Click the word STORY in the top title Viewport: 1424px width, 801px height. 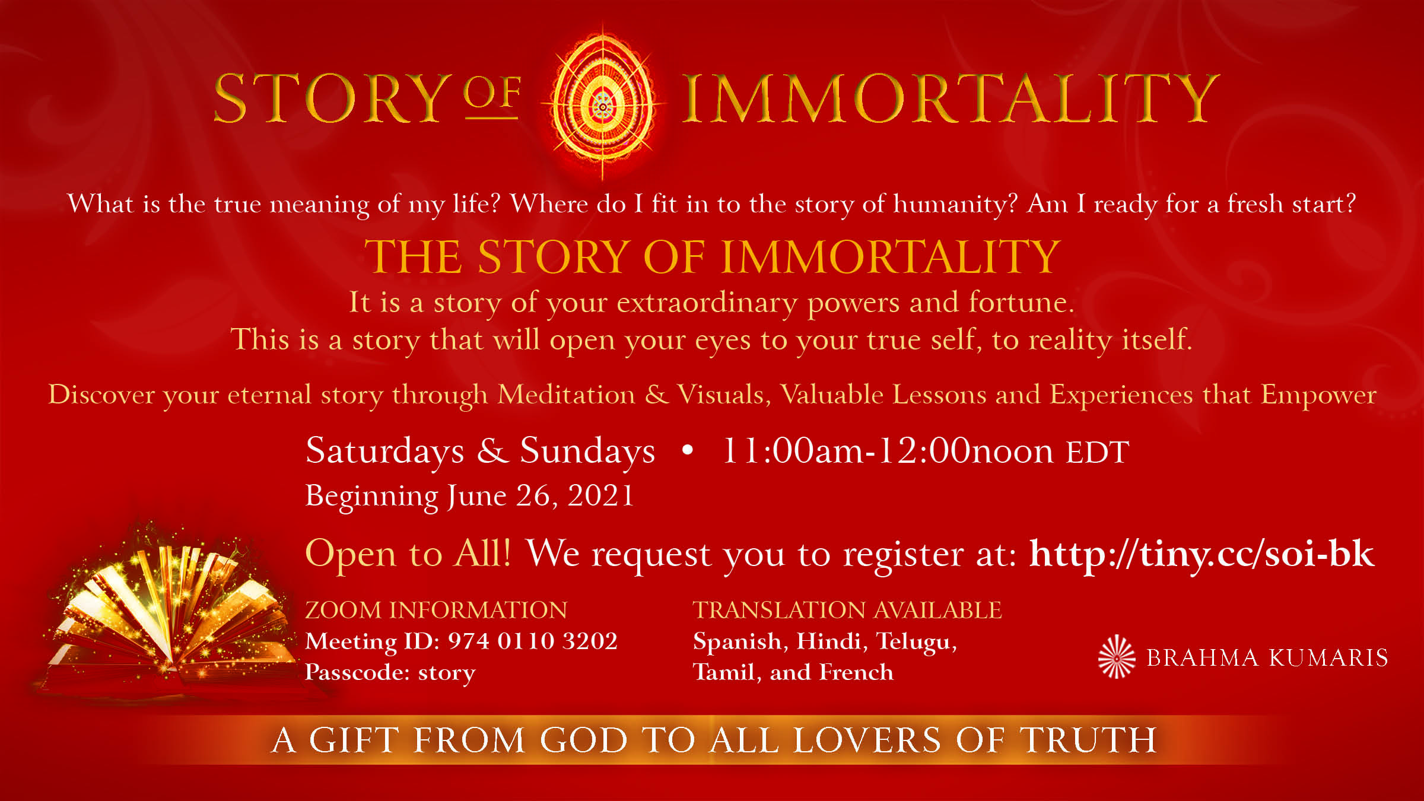[330, 98]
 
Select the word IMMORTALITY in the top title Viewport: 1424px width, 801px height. [950, 98]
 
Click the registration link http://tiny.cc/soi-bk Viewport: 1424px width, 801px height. [1201, 554]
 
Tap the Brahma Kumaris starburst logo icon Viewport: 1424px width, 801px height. [1116, 657]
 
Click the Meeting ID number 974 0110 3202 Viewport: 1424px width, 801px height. [532, 641]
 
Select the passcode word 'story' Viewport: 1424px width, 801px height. [447, 673]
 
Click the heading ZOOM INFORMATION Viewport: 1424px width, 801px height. [436, 610]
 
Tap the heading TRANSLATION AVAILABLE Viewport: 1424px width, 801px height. [847, 610]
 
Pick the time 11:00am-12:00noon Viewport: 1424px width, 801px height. [888, 450]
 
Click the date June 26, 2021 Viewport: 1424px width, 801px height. [541, 495]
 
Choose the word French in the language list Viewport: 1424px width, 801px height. [856, 672]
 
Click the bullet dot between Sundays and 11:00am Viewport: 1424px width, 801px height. [688, 450]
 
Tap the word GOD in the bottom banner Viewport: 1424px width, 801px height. [584, 740]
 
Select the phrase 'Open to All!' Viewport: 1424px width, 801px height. [408, 554]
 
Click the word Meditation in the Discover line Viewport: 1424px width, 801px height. [567, 395]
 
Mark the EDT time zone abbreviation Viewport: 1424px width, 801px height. [1098, 453]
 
